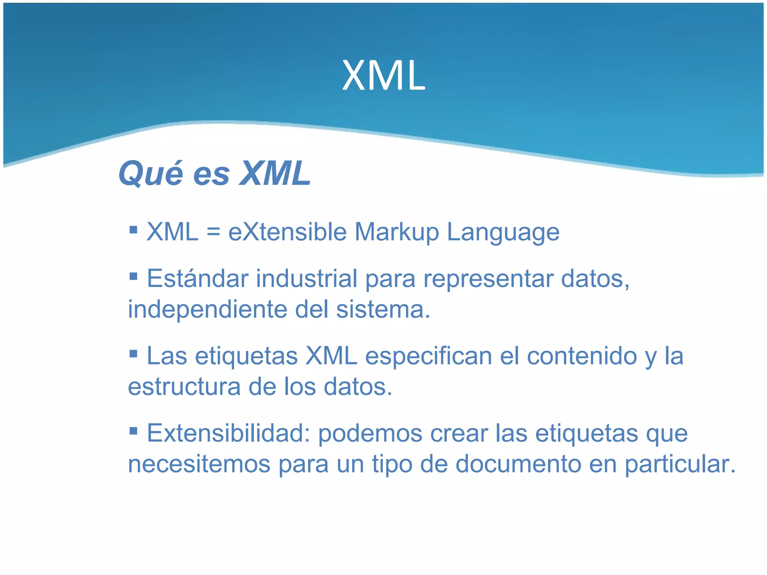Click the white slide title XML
tap(383, 76)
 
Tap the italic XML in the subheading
tap(275, 173)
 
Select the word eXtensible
tap(287, 232)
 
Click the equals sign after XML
tap(213, 232)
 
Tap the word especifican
tap(428, 356)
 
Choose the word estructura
tap(184, 387)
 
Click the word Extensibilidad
tap(228, 433)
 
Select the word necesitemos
tap(199, 464)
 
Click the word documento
tap(518, 464)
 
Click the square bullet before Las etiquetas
tap(133, 353)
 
